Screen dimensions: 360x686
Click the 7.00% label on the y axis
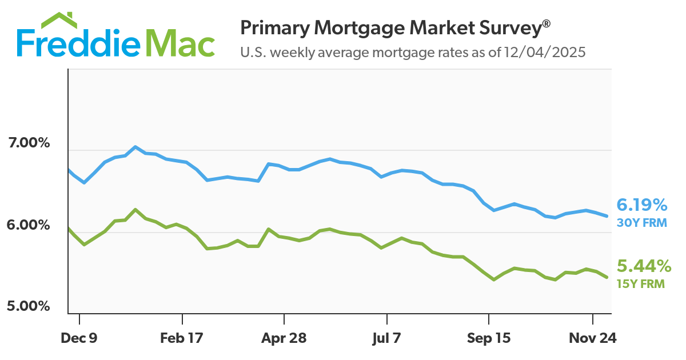[x=29, y=143]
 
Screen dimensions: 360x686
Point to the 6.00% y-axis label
[x=29, y=225]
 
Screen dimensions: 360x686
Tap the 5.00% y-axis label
[x=29, y=306]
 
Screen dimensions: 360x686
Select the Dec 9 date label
[x=79, y=338]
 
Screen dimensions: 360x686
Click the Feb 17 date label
[x=182, y=338]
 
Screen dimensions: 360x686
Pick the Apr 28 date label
[x=284, y=338]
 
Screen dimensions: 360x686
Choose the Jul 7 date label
[x=387, y=338]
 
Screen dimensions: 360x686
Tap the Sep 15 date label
[x=489, y=338]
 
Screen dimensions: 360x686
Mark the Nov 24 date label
[x=592, y=338]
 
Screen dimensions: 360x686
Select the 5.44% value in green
[x=643, y=266]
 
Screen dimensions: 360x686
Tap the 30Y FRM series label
[x=641, y=223]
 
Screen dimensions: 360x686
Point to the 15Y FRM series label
[x=640, y=283]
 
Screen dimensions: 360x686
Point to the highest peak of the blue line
[x=135, y=146]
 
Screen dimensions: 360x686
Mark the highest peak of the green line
[x=135, y=209]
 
